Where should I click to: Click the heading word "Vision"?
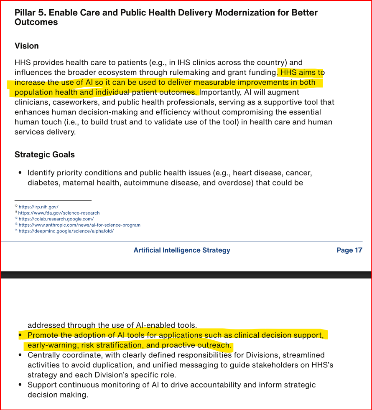click(x=27, y=46)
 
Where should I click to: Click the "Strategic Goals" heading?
click(x=45, y=154)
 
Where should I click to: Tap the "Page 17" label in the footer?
click(x=349, y=250)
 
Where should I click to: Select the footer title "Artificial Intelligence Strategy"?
click(x=182, y=250)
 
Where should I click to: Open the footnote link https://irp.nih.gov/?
click(x=38, y=207)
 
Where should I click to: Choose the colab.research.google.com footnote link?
click(x=56, y=219)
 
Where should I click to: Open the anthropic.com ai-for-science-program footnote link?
click(x=79, y=225)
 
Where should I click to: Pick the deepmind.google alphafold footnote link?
click(x=66, y=231)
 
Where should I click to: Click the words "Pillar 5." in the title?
click(x=30, y=13)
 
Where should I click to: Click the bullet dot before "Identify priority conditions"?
click(x=20, y=173)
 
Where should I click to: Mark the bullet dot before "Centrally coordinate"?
click(x=20, y=355)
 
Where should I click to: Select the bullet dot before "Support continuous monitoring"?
click(x=20, y=385)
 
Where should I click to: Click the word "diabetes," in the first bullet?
click(x=43, y=182)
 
